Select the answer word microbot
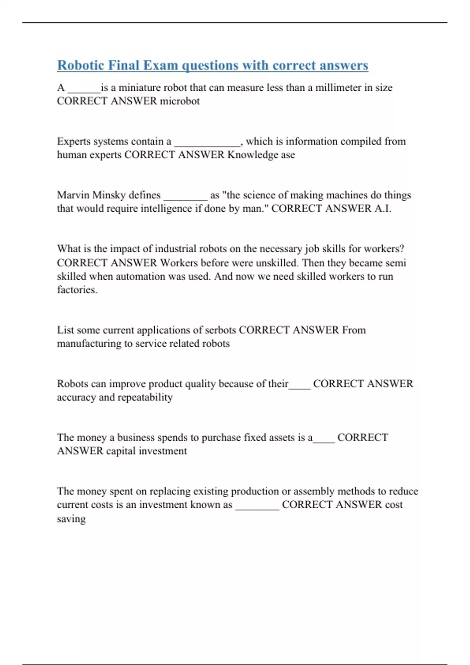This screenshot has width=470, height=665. (x=180, y=101)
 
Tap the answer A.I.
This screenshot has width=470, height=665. (x=382, y=208)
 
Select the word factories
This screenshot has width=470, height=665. (x=77, y=290)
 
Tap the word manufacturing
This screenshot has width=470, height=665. (x=89, y=344)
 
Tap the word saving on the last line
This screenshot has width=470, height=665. (x=71, y=519)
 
